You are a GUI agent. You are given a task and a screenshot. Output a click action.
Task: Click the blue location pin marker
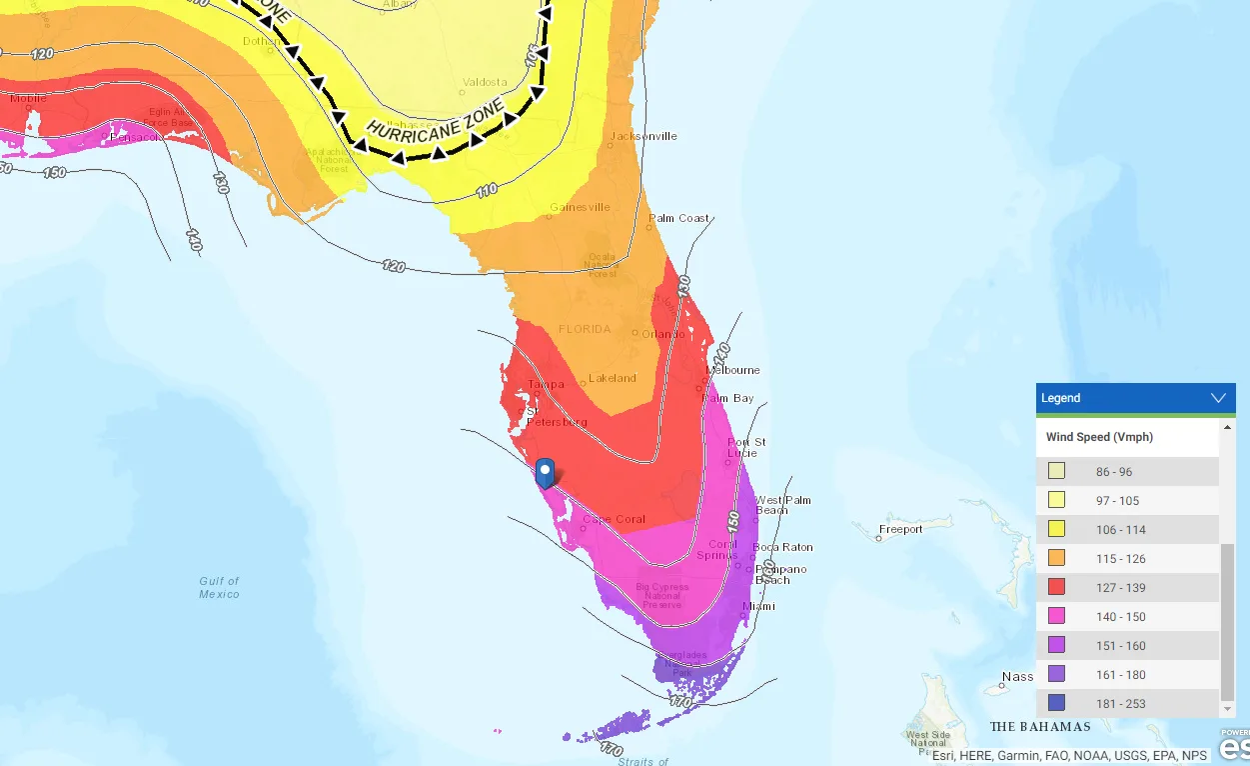[545, 472]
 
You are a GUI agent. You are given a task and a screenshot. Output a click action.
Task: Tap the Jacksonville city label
[643, 136]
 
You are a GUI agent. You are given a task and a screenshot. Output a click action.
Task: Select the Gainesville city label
[580, 207]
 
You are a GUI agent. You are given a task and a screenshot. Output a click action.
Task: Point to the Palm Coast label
[679, 218]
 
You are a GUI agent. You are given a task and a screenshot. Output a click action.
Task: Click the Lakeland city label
[613, 378]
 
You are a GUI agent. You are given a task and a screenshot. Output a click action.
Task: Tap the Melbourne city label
[733, 370]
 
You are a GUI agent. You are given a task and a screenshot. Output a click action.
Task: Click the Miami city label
[759, 606]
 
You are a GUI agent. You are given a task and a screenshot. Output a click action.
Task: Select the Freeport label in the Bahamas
[900, 529]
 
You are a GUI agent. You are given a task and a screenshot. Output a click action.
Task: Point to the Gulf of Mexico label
[219, 587]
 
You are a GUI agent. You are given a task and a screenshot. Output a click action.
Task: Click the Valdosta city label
[486, 82]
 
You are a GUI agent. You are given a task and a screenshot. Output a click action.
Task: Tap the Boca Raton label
[783, 547]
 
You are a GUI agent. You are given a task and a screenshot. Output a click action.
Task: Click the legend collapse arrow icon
[1218, 398]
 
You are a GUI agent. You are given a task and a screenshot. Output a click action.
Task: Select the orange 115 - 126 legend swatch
[1056, 558]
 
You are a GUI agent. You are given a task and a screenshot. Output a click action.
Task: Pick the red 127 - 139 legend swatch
[1056, 587]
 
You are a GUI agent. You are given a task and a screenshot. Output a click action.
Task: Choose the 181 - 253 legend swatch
[1056, 703]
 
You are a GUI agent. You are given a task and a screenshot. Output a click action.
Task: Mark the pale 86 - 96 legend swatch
[1056, 471]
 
